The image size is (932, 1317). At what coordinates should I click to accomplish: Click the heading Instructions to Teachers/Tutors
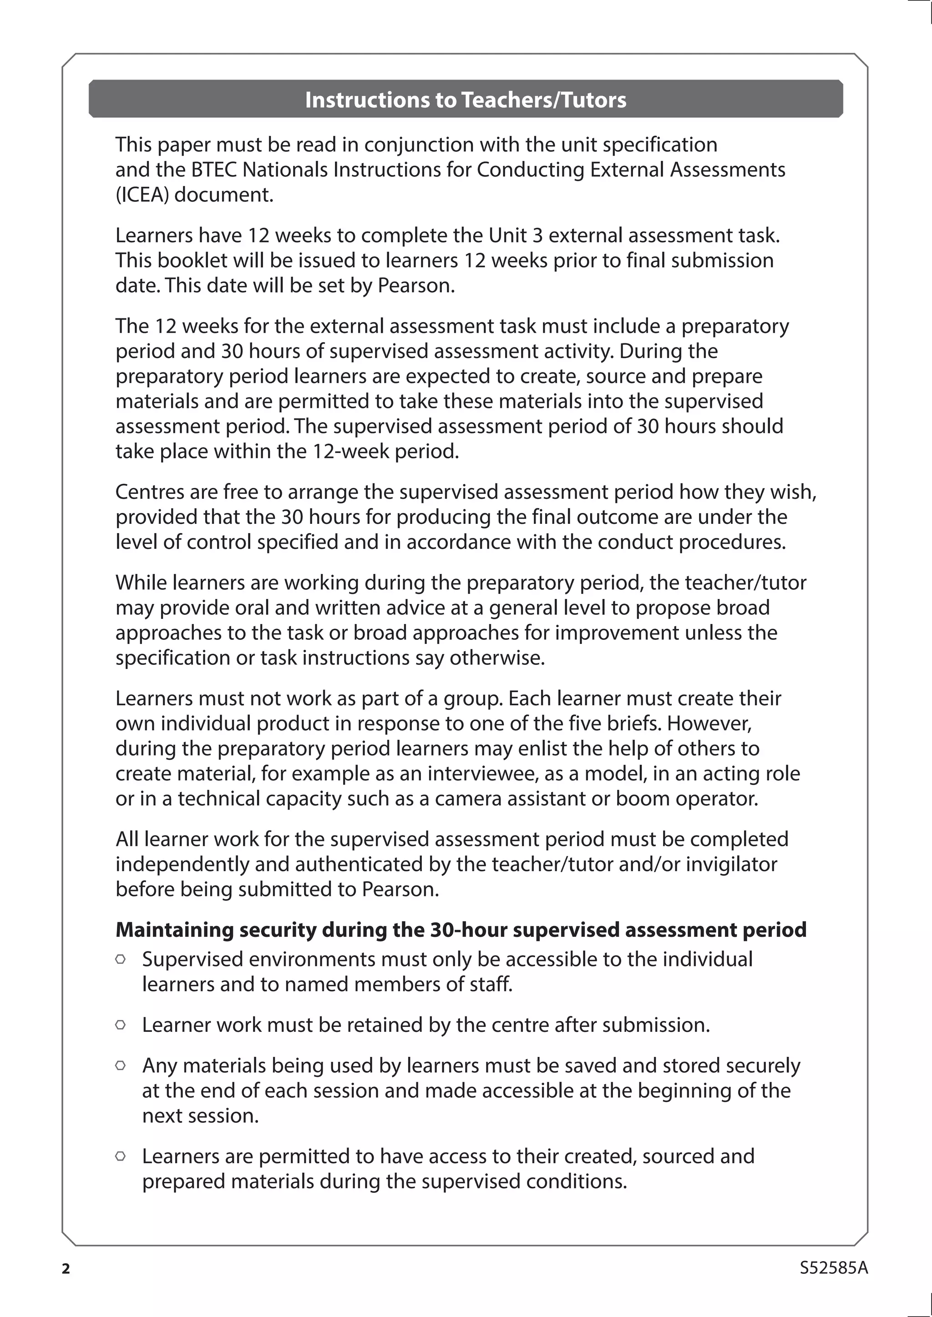tap(466, 100)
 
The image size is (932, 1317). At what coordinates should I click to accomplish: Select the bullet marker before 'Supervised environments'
tap(121, 959)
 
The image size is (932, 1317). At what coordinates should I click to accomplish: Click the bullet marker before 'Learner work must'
tap(121, 1025)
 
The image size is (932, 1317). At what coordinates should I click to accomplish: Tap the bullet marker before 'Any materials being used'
tap(121, 1065)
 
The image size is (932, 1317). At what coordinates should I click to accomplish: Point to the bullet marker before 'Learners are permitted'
tap(121, 1156)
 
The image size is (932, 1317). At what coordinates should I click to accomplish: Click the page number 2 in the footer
tap(66, 1268)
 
